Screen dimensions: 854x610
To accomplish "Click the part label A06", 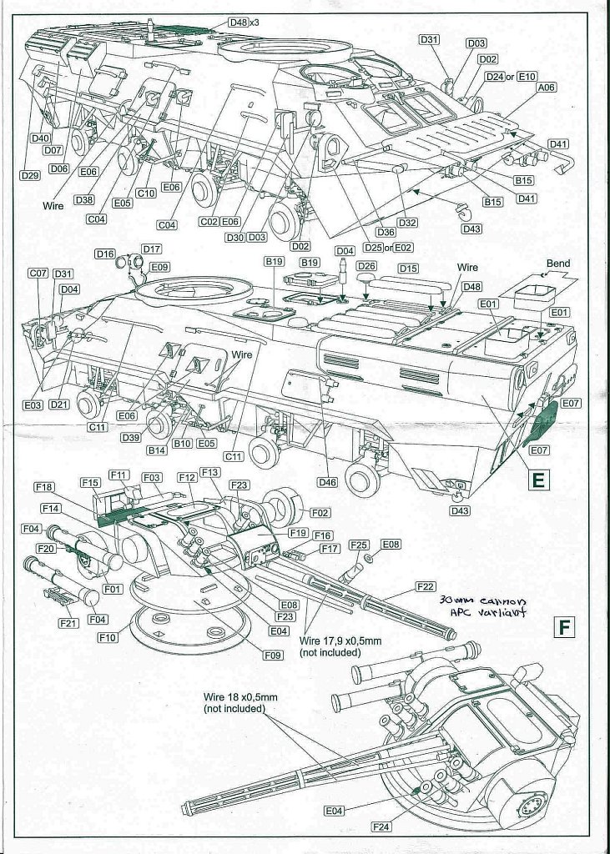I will pos(547,87).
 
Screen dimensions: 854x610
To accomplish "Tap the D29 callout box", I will pos(29,176).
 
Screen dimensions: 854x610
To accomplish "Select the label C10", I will pos(146,193).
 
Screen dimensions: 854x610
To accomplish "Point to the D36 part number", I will pos(386,232).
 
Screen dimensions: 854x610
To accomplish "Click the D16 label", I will pos(104,254).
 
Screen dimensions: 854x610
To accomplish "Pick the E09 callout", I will pos(159,267).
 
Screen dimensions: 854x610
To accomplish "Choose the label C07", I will pos(38,273).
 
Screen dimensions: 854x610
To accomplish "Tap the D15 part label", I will pos(408,269).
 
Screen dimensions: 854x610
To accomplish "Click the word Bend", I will pos(558,264).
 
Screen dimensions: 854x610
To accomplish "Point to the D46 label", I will pos(327,482).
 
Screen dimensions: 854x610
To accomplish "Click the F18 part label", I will pos(45,487).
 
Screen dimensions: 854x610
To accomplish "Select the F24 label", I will pos(382,826).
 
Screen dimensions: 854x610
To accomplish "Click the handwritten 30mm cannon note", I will pos(476,607).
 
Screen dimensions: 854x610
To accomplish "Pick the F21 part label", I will pos(66,622).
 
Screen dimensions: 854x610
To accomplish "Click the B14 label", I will pos(157,450).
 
